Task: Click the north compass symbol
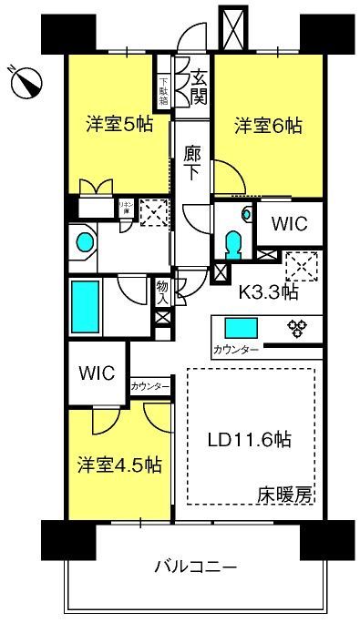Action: pyautogui.click(x=26, y=83)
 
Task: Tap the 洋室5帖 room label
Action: pyautogui.click(x=119, y=125)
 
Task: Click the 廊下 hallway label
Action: pyautogui.click(x=192, y=163)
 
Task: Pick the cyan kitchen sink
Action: pyautogui.click(x=242, y=328)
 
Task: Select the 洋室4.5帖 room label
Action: pyautogui.click(x=118, y=465)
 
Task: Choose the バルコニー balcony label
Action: pyautogui.click(x=195, y=567)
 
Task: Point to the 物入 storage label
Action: pyautogui.click(x=163, y=291)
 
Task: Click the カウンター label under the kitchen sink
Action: pyautogui.click(x=235, y=351)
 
